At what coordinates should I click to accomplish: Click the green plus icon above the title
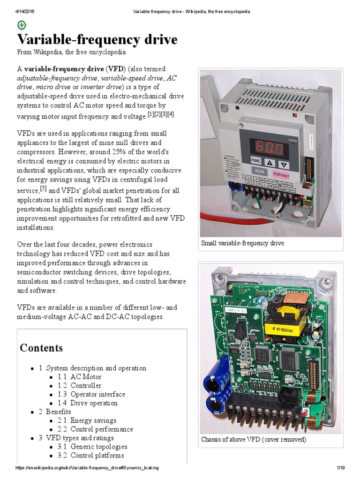[22, 25]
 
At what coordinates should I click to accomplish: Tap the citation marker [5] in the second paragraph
[43, 188]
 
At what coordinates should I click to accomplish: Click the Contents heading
[41, 348]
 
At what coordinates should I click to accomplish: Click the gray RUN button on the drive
[260, 171]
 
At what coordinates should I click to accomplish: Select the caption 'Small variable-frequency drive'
[242, 243]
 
